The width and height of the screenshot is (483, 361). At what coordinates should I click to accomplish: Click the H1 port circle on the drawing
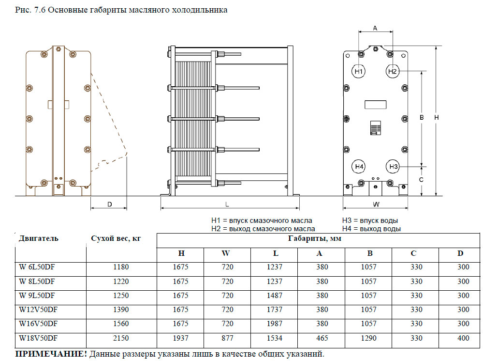(x=358, y=71)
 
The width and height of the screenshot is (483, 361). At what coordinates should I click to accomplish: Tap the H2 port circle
(x=392, y=71)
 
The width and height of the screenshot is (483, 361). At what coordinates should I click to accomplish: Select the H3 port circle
(x=393, y=166)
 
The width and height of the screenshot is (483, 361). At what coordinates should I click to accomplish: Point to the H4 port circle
(x=358, y=166)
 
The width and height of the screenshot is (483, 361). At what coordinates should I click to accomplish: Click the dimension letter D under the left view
(x=109, y=204)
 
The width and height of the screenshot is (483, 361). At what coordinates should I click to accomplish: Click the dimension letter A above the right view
(x=375, y=28)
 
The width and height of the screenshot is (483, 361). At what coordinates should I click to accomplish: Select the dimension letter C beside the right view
(x=421, y=179)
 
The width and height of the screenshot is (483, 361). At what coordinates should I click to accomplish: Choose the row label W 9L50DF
(x=37, y=295)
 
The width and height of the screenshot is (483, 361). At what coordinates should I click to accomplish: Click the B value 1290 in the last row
(x=368, y=338)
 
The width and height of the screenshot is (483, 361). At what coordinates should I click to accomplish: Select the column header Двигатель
(x=39, y=238)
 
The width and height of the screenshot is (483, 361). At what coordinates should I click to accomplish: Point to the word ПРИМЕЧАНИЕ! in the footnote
(x=51, y=353)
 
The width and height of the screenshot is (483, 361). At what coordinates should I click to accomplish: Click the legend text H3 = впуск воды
(x=371, y=220)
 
